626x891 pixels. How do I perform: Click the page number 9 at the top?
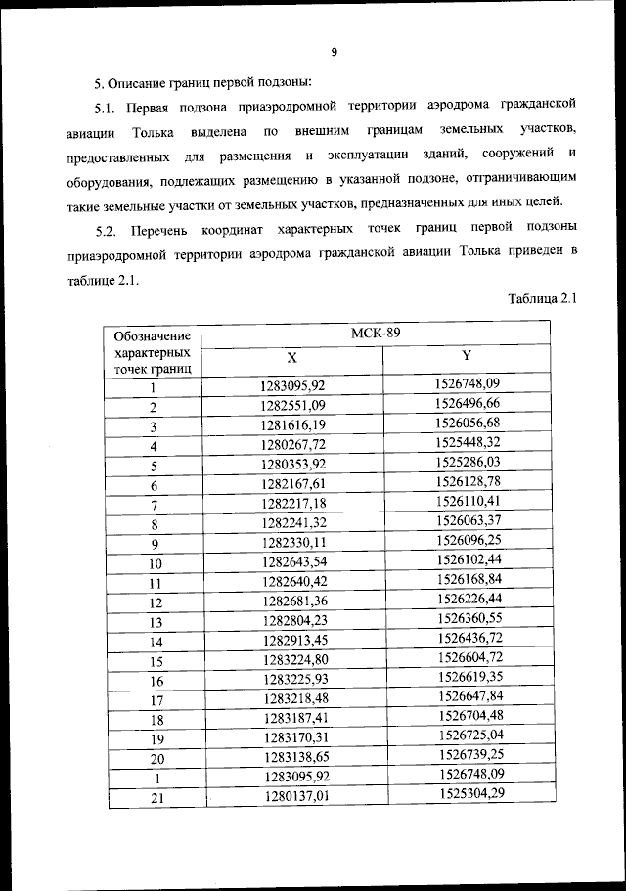334,52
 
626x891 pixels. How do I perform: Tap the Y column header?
467,356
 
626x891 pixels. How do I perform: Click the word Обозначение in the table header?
152,335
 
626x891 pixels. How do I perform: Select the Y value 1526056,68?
468,423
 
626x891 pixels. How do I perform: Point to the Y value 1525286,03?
468,462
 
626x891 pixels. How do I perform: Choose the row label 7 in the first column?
154,505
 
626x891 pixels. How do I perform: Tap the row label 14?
155,642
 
